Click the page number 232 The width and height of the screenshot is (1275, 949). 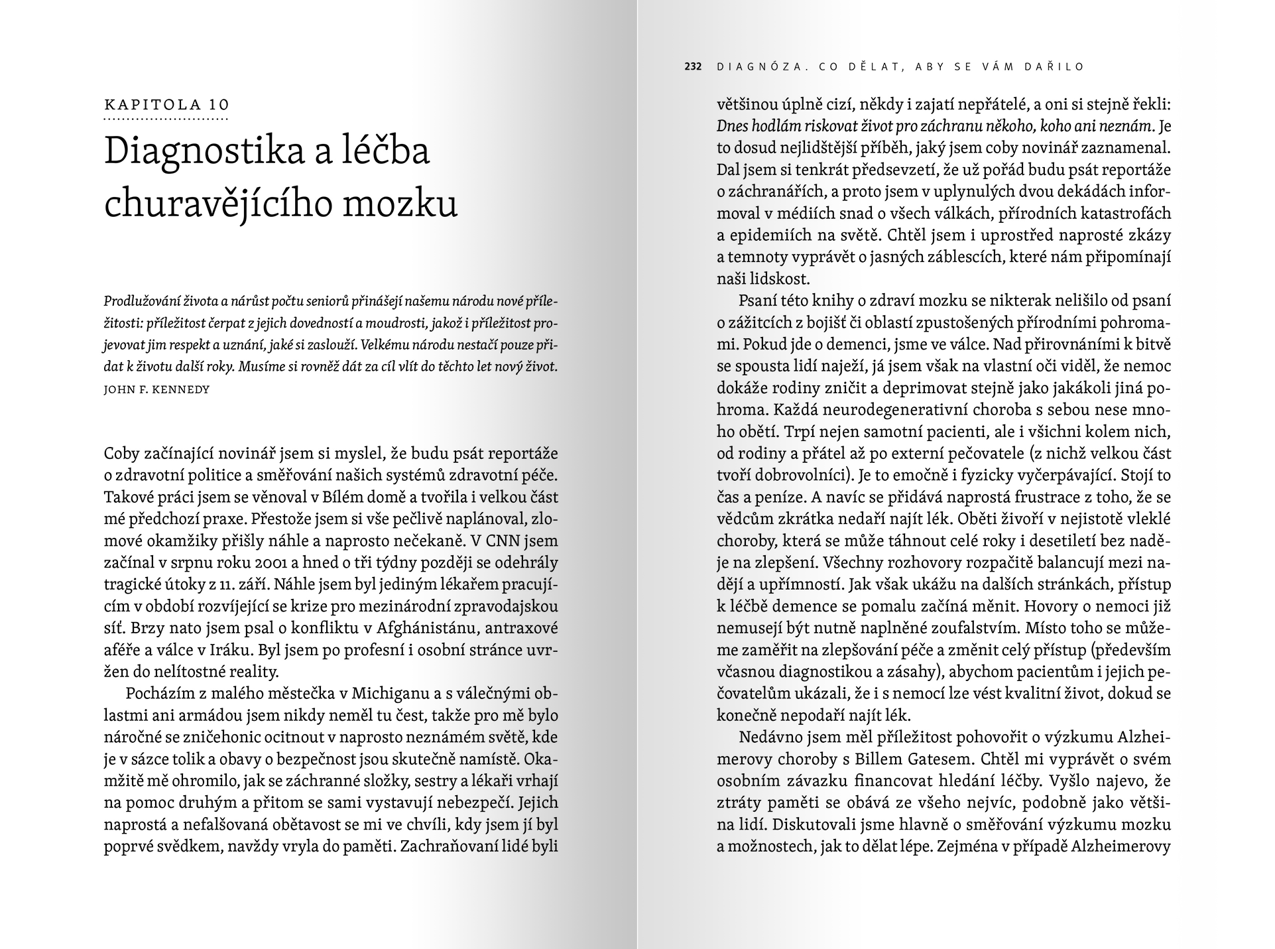693,66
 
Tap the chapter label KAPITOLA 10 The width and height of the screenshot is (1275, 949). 166,104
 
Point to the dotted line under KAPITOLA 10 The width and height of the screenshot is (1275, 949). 166,119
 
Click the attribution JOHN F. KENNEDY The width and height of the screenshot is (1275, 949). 157,389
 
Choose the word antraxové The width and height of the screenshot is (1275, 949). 524,627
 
